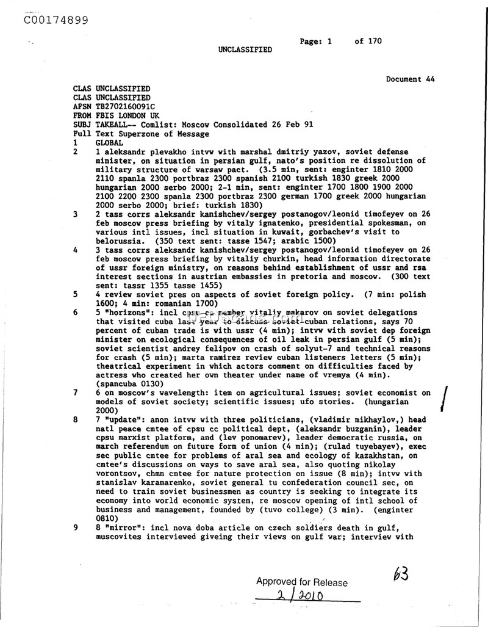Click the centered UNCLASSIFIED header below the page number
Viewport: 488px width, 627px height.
245,50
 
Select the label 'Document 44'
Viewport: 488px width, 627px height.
411,79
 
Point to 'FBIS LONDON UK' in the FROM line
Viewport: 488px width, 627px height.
127,115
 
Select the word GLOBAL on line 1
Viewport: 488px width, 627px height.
110,142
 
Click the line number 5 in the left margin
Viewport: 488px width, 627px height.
75,294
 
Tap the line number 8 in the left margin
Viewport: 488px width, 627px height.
75,420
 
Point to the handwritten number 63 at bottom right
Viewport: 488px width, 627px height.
401,574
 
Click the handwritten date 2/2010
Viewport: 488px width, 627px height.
300,595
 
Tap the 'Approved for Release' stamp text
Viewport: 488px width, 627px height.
301,582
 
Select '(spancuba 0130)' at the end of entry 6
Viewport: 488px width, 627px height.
128,384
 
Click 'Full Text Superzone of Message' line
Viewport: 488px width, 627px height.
141,133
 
